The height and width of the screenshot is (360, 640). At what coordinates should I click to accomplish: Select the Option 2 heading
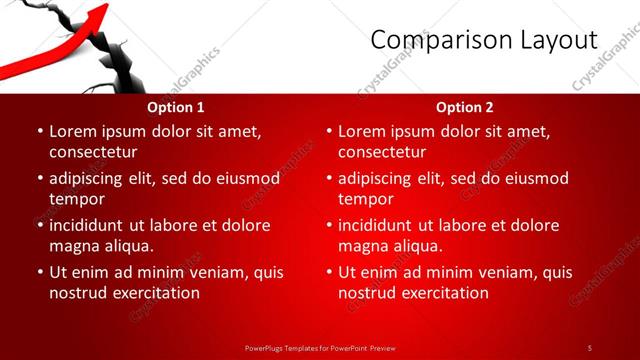click(464, 107)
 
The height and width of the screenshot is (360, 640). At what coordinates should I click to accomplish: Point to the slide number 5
click(589, 347)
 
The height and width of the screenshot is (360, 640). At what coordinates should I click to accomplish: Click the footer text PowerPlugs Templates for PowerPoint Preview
click(320, 347)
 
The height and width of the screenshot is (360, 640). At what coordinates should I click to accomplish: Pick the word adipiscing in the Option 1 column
click(91, 178)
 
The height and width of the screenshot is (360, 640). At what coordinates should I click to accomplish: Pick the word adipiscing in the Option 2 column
click(380, 178)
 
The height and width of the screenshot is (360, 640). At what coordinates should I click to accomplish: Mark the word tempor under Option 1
click(76, 199)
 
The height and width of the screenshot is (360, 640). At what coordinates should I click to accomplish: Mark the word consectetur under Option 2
click(382, 152)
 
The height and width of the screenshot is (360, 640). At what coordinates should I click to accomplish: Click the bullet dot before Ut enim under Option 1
click(39, 272)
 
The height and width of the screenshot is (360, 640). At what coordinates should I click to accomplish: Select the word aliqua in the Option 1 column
click(128, 246)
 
